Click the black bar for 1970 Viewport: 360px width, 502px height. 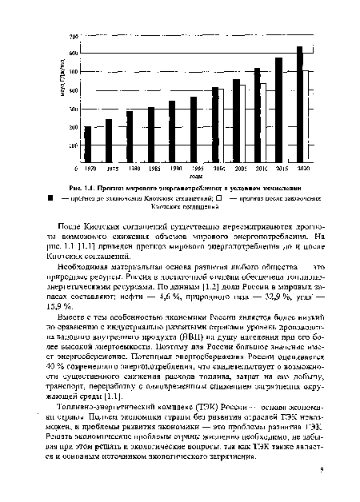coord(88,144)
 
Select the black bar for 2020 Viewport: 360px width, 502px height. coord(299,105)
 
